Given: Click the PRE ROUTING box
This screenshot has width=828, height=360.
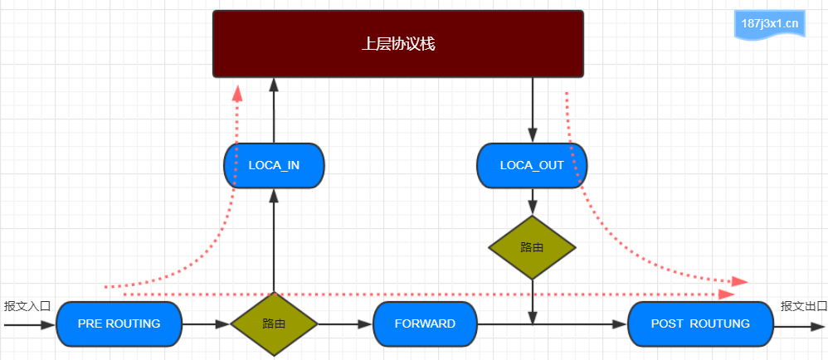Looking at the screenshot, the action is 119,324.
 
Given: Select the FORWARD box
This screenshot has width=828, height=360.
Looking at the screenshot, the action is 425,324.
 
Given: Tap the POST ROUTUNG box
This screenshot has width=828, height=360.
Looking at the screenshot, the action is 700,324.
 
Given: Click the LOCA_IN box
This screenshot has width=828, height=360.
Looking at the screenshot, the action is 274,165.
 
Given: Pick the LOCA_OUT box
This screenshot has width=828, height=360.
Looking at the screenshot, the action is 532,165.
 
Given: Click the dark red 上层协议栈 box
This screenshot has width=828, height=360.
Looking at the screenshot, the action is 398,44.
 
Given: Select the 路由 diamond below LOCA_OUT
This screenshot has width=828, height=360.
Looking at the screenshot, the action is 532,247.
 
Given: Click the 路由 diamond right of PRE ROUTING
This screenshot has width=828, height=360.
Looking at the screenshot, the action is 274,324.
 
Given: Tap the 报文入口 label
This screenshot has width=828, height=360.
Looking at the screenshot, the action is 27,306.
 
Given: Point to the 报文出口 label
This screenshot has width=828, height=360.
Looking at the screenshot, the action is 804,306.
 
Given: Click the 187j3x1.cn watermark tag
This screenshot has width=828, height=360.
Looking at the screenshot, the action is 769,24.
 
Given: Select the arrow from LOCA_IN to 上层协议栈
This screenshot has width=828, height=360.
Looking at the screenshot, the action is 274,110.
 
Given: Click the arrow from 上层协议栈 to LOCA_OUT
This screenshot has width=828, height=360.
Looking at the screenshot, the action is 533,110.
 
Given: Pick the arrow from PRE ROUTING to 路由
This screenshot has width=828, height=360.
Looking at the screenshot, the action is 206,324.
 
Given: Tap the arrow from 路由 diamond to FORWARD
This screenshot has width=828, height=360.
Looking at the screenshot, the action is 345,324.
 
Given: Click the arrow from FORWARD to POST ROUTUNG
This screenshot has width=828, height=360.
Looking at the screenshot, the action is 553,324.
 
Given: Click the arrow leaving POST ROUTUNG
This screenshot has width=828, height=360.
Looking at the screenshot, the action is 800,327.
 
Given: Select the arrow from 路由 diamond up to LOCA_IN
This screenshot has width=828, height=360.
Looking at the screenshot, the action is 274,241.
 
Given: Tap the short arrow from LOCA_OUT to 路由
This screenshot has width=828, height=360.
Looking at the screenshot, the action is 533,202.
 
